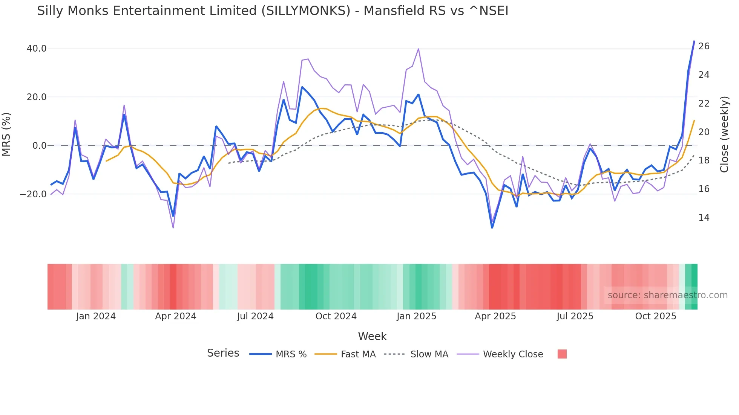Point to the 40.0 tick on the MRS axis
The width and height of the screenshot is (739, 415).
click(37, 49)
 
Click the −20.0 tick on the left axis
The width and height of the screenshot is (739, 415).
click(34, 194)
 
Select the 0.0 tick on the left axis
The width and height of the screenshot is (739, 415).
click(39, 146)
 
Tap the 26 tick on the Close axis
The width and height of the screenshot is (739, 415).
click(704, 46)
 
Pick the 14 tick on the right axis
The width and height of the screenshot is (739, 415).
click(704, 218)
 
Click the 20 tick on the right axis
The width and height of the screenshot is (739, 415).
click(704, 132)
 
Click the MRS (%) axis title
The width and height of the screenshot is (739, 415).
click(6, 134)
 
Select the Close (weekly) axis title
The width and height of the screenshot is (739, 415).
click(724, 134)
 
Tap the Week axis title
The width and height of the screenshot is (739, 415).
click(372, 336)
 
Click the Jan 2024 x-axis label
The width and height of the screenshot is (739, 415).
click(96, 316)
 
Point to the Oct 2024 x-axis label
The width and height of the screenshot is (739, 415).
click(336, 316)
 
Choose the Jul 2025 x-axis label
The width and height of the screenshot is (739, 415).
click(575, 316)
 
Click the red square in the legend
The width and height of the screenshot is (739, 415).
click(562, 354)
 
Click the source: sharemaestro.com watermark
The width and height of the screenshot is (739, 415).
click(667, 295)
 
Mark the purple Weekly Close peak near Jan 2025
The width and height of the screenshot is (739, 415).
click(419, 49)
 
